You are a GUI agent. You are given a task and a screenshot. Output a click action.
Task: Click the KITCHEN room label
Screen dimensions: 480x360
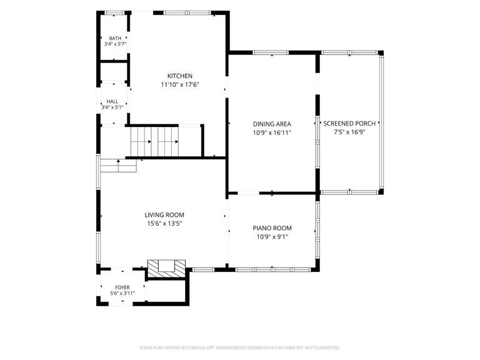[180, 76]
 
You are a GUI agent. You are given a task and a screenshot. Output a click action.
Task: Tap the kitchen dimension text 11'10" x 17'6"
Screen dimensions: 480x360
[180, 85]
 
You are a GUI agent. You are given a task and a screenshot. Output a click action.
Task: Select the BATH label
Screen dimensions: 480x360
[115, 38]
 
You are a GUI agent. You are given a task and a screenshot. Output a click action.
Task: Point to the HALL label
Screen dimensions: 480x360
[112, 101]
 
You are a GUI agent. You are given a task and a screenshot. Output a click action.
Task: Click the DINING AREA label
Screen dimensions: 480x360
[272, 124]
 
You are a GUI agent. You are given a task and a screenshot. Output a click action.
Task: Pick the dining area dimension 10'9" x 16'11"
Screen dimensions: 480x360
[272, 133]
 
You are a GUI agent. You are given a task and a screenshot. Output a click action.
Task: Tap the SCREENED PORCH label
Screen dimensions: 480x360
[349, 123]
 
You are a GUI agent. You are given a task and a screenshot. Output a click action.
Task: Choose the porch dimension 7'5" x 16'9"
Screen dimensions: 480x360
[349, 132]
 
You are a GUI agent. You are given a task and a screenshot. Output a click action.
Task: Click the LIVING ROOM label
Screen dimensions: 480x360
[164, 215]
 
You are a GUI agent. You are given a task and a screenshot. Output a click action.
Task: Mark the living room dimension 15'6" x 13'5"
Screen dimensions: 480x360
[164, 224]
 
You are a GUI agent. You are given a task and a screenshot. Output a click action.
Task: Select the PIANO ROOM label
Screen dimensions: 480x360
[272, 228]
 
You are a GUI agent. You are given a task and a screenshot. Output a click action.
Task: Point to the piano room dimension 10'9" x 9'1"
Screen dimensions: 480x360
[272, 237]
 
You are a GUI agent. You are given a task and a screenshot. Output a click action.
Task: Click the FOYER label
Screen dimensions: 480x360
[122, 287]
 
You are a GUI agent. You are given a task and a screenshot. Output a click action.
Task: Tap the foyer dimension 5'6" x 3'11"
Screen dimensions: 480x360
[122, 293]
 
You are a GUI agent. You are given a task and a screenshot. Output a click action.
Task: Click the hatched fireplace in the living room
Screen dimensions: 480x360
[166, 269]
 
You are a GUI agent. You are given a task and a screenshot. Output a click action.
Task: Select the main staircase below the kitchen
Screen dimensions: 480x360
[154, 141]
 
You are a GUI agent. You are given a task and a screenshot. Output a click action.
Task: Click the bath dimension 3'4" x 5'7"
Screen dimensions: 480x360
[115, 44]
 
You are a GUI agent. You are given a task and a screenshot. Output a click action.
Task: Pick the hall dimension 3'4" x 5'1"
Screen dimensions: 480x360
[112, 107]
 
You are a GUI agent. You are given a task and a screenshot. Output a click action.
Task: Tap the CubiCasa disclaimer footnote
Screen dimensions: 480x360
[240, 347]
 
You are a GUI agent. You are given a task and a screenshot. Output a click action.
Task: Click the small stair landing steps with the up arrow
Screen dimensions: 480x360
[119, 166]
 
